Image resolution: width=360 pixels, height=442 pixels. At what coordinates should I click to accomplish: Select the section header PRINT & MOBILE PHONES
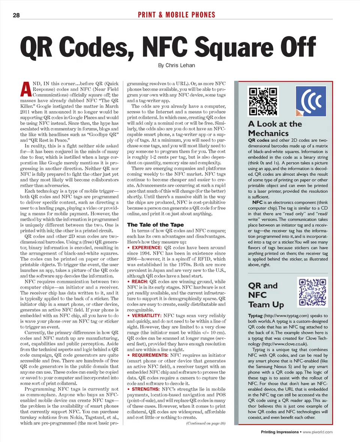click(x=177, y=15)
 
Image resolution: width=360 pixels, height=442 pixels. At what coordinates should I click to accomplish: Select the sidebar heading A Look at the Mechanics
click(x=274, y=129)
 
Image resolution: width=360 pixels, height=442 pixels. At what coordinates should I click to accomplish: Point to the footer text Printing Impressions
click(x=279, y=432)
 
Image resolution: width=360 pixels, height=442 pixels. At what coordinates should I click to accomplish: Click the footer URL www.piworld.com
click(x=318, y=432)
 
